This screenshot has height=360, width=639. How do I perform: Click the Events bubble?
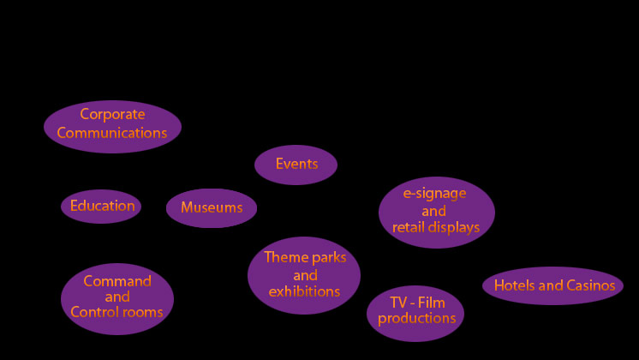tap(296, 164)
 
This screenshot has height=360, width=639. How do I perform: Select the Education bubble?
tap(102, 206)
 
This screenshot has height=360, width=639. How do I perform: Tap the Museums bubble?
tap(212, 207)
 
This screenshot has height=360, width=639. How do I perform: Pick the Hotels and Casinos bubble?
tap(553, 285)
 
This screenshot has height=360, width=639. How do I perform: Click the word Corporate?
tap(112, 114)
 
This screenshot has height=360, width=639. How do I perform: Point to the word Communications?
tap(112, 133)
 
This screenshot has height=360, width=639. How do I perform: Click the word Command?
tap(117, 281)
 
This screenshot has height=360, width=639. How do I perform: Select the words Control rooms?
tap(116, 312)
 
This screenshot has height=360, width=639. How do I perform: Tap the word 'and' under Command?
tap(117, 297)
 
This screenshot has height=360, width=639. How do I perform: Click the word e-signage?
tap(434, 194)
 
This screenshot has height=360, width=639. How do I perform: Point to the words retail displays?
tap(436, 227)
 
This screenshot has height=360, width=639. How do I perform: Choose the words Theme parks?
tap(305, 257)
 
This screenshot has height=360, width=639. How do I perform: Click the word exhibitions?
tap(304, 291)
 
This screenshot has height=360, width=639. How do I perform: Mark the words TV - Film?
tap(417, 302)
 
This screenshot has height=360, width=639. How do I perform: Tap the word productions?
tap(416, 319)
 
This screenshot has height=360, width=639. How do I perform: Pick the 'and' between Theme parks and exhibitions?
tap(305, 275)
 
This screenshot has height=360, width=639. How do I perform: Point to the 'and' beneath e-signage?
tap(434, 211)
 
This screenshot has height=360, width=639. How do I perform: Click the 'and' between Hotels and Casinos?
tap(551, 285)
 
